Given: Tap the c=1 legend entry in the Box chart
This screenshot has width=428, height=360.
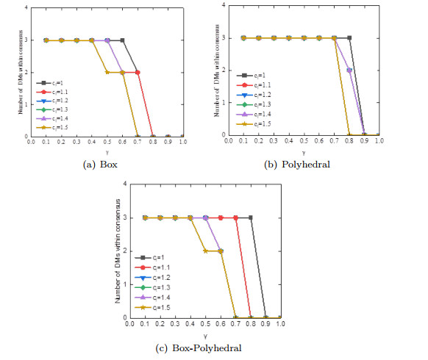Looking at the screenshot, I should [x=53, y=83].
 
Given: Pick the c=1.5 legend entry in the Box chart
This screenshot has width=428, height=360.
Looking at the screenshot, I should [x=54, y=126].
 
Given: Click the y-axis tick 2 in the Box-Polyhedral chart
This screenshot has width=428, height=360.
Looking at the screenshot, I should [x=122, y=251].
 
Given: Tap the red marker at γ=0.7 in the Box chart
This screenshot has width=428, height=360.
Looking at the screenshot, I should [x=138, y=72].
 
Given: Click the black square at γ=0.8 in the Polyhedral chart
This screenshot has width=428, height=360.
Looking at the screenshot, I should [x=349, y=38].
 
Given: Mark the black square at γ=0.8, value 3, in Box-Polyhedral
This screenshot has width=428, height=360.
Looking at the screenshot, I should [x=250, y=217].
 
